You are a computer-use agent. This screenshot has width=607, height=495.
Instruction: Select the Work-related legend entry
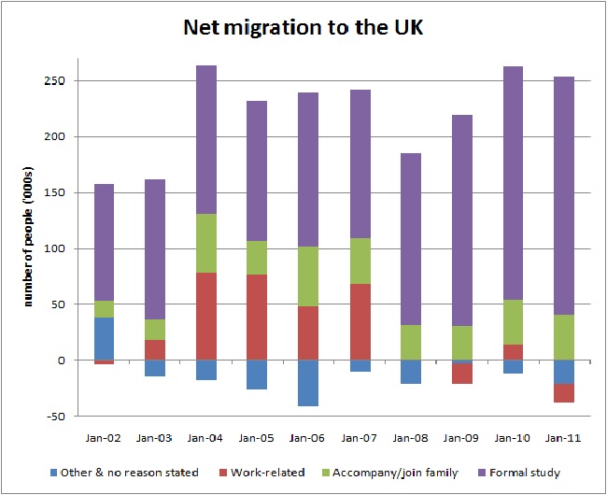(265, 473)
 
